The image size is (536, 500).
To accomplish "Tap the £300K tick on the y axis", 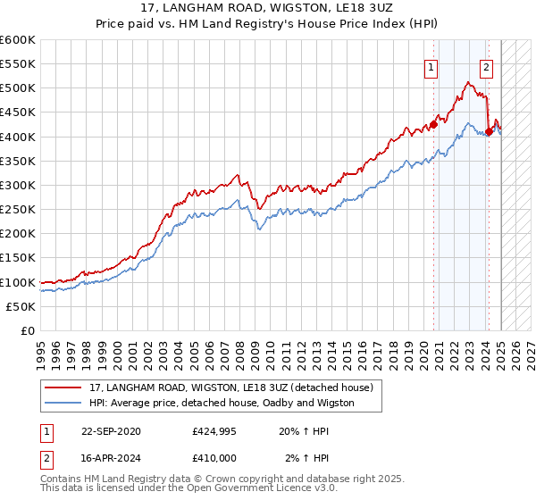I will tap(18, 185).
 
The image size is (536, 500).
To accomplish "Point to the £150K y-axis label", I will tap(18, 258).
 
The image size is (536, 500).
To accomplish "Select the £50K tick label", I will tap(21, 306).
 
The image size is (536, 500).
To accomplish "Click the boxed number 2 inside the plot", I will tap(487, 66).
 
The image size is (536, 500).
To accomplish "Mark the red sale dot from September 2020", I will tap(433, 124).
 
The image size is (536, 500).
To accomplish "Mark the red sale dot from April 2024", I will tap(489, 131).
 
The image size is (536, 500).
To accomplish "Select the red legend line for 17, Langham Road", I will tap(64, 387).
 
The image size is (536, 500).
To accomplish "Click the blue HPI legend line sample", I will tap(64, 403).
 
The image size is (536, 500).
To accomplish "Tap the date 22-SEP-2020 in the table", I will tap(110, 431).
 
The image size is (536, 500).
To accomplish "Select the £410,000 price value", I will tap(214, 457).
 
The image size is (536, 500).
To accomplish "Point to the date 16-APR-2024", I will tap(110, 457).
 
